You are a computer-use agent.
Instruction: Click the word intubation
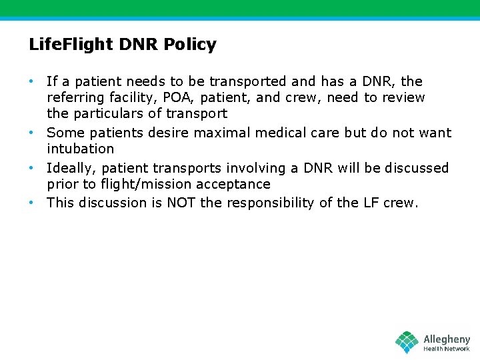click(80, 149)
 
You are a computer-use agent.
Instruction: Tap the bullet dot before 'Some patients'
click(31, 133)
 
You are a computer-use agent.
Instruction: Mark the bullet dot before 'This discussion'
click(31, 203)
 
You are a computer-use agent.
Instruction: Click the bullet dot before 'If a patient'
click(31, 81)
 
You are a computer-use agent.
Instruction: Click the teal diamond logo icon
click(407, 341)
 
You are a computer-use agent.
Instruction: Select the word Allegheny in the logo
click(447, 339)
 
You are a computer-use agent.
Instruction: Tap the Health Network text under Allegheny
click(447, 349)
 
